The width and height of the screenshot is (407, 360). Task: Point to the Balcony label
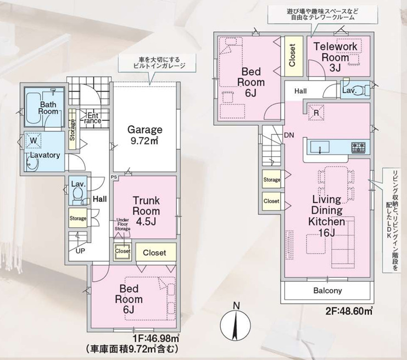328,291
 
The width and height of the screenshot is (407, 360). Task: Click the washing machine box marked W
34,141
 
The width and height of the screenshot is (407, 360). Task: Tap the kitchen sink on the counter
319,147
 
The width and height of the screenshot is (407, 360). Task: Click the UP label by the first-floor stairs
80,250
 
